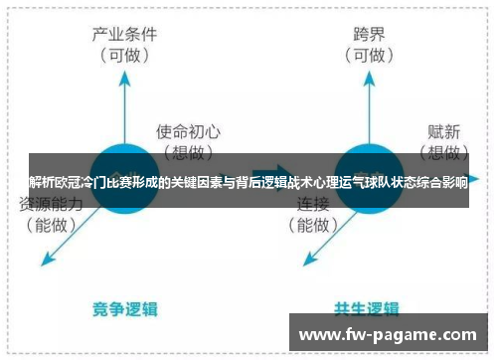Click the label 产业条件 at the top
[x=124, y=33]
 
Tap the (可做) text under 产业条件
[x=124, y=56]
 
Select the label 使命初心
[x=189, y=130]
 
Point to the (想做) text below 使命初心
[x=188, y=151]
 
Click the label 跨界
[x=368, y=33]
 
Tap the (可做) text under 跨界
[x=369, y=56]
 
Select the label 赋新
[x=444, y=130]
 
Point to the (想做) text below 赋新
[x=443, y=151]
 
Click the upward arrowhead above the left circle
[x=125, y=77]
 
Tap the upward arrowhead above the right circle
[x=369, y=77]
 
